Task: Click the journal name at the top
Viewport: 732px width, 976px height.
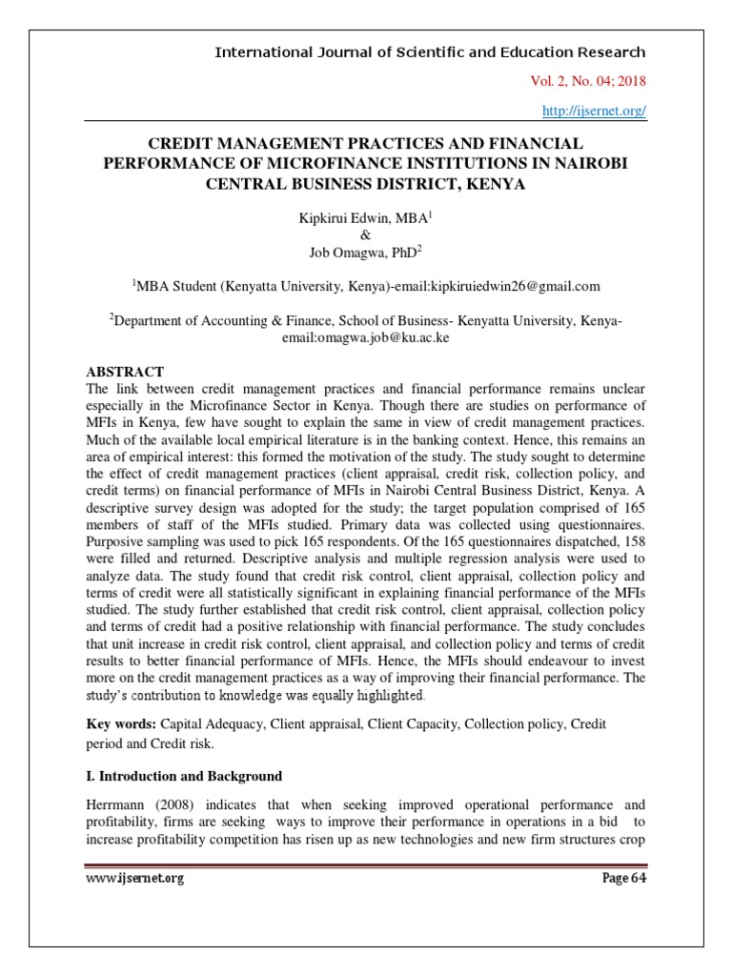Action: (x=430, y=52)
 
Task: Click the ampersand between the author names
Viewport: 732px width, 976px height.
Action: (x=366, y=236)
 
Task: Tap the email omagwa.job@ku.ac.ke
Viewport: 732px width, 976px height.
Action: (x=366, y=336)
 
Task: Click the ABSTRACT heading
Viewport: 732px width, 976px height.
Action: (x=125, y=372)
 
